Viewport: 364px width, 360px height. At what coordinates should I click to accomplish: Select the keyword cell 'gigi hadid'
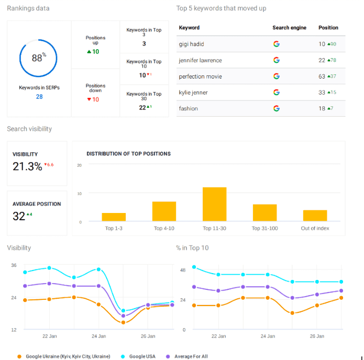(x=192, y=44)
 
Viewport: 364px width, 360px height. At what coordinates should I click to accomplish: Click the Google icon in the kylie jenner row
(x=276, y=92)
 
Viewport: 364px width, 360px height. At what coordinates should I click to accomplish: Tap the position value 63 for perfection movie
(x=322, y=76)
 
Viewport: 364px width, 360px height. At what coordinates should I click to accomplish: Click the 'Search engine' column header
(x=289, y=28)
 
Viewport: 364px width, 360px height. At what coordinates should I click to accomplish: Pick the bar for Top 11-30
(x=214, y=204)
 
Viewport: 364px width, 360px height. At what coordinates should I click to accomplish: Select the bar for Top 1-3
(x=114, y=217)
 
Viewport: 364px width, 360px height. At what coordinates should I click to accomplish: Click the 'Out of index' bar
(x=315, y=216)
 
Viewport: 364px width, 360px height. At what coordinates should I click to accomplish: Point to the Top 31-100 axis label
(x=264, y=228)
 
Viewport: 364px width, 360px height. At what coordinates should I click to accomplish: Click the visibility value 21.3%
(x=27, y=166)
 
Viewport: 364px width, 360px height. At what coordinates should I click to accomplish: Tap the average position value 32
(x=19, y=216)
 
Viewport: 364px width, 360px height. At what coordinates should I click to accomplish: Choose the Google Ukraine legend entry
(x=67, y=356)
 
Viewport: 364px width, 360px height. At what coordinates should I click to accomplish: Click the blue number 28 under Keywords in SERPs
(x=39, y=97)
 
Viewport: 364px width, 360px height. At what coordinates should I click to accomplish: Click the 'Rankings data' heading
(x=29, y=8)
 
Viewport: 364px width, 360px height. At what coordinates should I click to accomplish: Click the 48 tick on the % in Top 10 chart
(x=183, y=270)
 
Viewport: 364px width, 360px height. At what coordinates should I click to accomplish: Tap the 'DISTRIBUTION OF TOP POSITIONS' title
(x=128, y=154)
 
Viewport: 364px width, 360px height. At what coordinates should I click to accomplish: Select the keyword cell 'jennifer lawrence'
(x=200, y=61)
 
